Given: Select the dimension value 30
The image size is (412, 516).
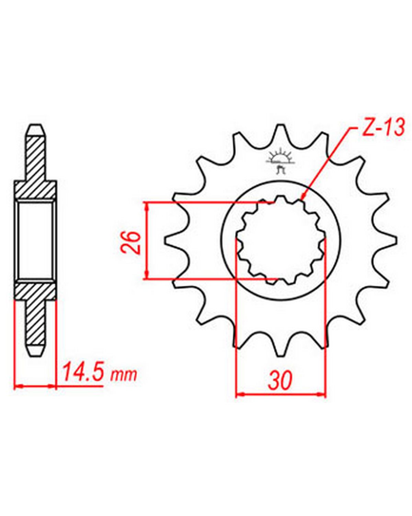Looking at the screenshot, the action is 281,381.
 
